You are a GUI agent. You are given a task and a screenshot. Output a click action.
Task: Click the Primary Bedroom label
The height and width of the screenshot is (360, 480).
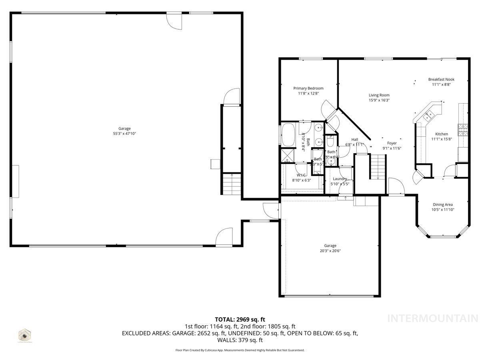pos(308,88)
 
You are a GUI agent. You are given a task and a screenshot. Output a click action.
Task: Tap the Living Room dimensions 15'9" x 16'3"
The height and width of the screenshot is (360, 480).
pos(379,100)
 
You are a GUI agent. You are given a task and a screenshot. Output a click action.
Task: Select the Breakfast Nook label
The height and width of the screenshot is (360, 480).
pos(441,79)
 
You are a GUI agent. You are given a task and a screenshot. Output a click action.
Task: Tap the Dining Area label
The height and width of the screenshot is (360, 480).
pos(443,204)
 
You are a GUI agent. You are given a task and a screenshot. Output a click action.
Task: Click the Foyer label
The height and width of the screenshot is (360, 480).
pos(392,143)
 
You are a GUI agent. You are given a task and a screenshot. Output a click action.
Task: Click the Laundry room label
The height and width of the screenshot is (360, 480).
pos(340,179)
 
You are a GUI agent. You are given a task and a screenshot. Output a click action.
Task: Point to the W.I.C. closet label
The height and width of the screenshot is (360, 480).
pos(301,175)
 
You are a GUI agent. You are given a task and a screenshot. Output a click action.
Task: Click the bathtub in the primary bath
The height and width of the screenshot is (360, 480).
pos(288,134)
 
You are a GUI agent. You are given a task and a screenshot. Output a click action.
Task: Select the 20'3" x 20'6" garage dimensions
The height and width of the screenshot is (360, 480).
pos(330,251)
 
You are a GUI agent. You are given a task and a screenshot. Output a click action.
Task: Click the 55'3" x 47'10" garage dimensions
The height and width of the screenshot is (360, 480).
pos(124,134)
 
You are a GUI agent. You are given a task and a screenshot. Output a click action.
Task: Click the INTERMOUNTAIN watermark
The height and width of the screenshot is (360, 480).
pos(433,318)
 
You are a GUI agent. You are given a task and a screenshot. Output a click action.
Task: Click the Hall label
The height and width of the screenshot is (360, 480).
pos(354,139)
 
